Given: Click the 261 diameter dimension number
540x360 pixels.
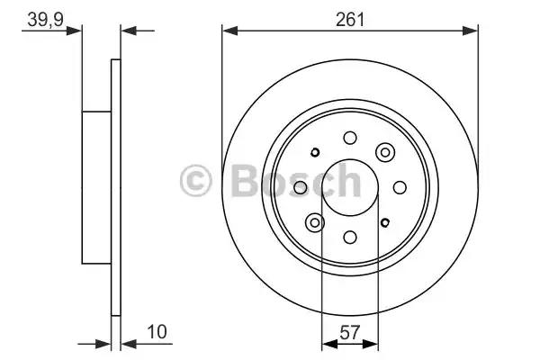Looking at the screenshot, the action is tap(350, 19).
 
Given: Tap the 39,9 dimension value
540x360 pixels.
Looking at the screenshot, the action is tap(46, 19).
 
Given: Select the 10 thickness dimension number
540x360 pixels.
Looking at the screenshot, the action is tap(157, 332).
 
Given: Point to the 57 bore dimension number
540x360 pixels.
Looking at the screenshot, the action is tap(349, 332).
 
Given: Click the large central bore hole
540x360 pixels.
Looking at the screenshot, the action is tap(350, 187).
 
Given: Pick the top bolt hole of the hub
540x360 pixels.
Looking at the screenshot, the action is tap(350, 138).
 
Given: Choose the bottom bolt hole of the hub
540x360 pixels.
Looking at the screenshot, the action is tap(350, 237).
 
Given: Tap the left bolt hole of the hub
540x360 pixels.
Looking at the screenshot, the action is tap(301, 187).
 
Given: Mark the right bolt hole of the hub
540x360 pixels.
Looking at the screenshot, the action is tap(400, 187).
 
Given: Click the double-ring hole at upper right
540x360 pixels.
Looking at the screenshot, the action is tap(385, 152).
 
